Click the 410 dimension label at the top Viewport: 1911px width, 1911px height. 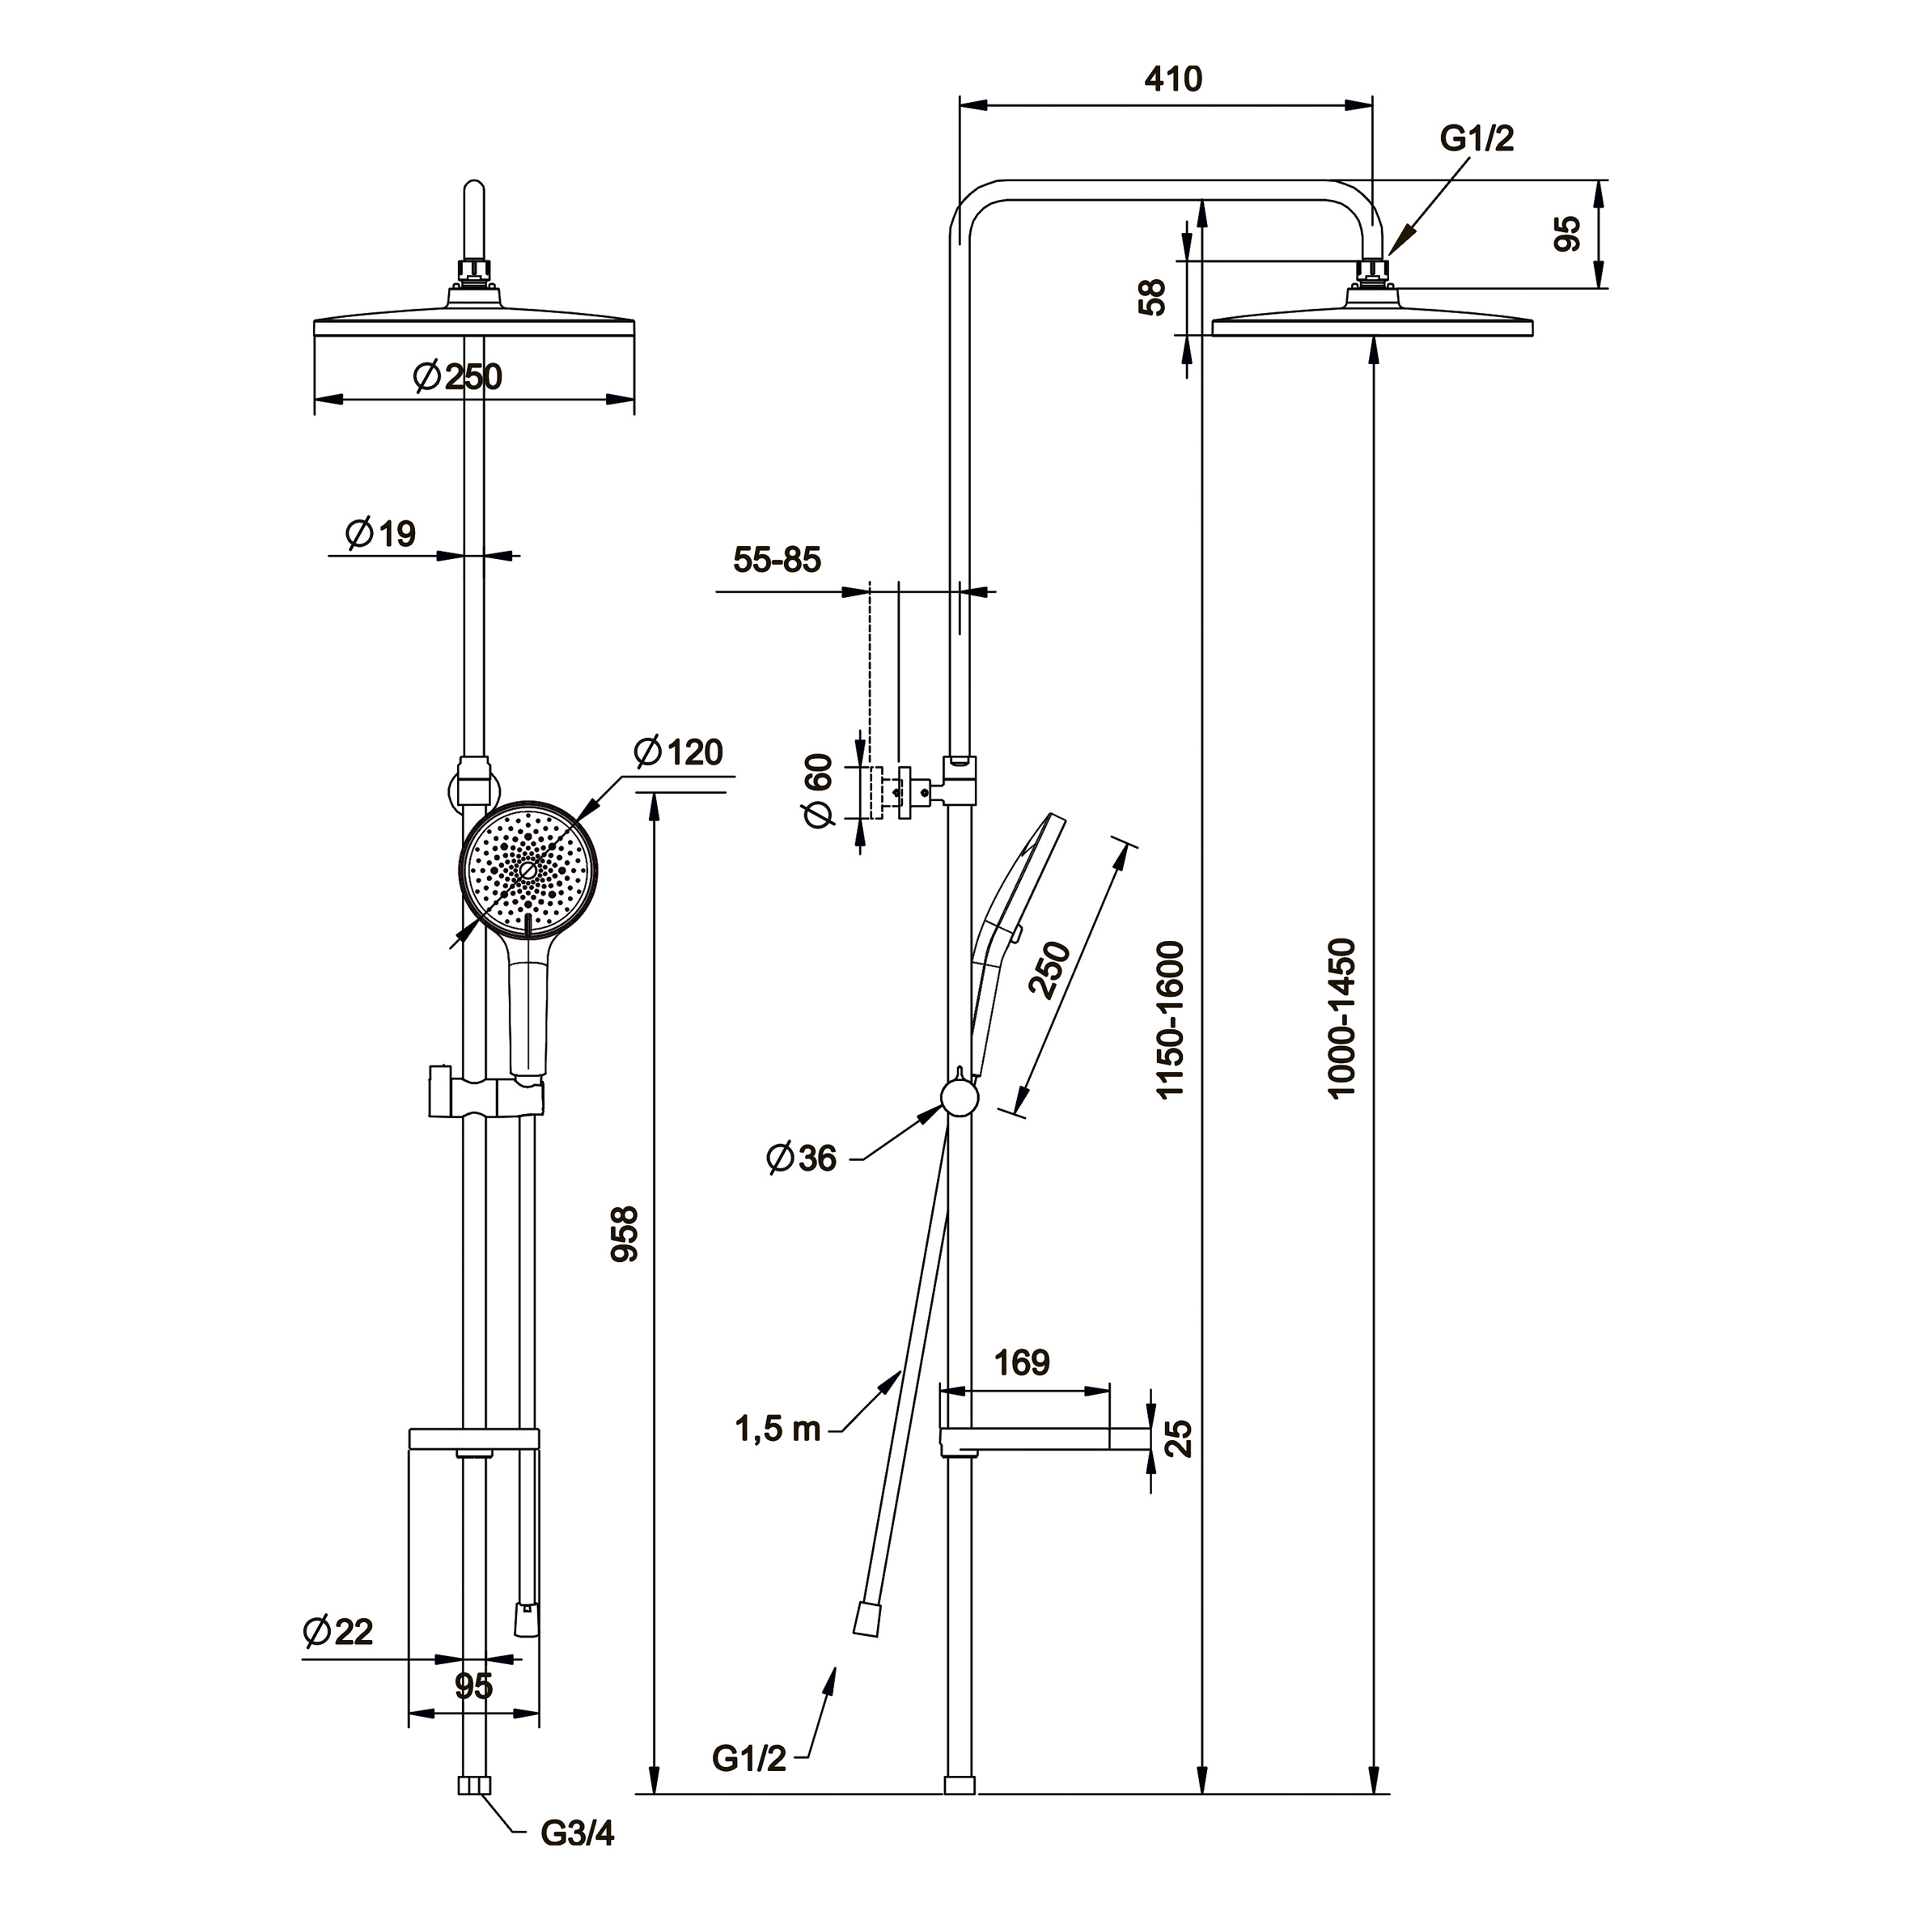point(1173,79)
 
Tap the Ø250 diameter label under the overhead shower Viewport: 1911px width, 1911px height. point(459,377)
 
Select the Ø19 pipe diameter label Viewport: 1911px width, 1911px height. point(381,534)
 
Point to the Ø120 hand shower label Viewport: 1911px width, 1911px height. point(679,752)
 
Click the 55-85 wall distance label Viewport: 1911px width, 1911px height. point(777,560)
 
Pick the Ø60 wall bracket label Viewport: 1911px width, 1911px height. point(819,790)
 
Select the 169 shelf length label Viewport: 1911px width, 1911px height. point(1022,1364)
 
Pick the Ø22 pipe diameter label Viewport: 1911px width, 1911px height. point(338,1632)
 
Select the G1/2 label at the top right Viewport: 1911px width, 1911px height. point(1477,139)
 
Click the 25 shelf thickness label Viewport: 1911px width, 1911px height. point(1179,1439)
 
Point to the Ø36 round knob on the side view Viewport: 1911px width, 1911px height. point(959,1099)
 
